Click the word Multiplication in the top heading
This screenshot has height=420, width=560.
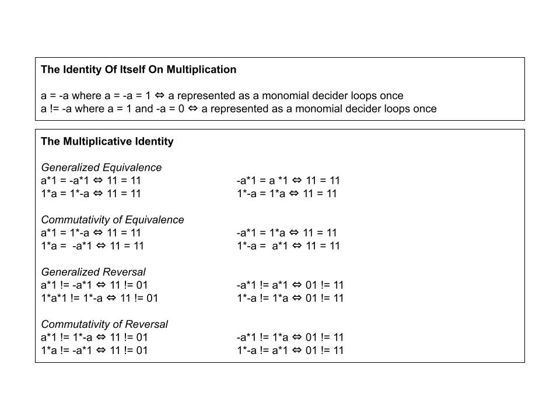pos(201,69)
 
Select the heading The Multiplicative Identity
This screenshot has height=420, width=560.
pos(107,141)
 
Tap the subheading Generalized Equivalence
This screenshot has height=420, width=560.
pos(101,167)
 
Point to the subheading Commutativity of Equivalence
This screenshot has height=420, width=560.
pos(112,220)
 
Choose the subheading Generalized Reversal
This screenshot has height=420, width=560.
pos(93,272)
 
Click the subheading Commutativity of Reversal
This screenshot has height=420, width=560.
pos(104,324)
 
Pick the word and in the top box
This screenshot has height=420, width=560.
pos(143,108)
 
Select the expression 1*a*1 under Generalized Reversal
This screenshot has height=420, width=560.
pos(54,298)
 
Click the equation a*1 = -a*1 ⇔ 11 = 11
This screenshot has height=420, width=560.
pos(91,181)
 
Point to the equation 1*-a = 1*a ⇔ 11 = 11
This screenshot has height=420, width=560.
pos(286,194)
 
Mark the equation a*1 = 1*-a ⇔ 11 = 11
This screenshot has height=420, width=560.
pos(91,233)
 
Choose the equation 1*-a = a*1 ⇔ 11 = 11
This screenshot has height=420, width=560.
pos(288,246)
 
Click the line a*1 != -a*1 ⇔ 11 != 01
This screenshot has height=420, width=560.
pos(94,285)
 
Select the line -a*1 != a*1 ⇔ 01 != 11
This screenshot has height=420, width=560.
pos(290,285)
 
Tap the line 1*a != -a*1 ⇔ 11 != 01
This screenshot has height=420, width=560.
pos(94,351)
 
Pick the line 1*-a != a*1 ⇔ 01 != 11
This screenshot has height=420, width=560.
pos(290,351)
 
